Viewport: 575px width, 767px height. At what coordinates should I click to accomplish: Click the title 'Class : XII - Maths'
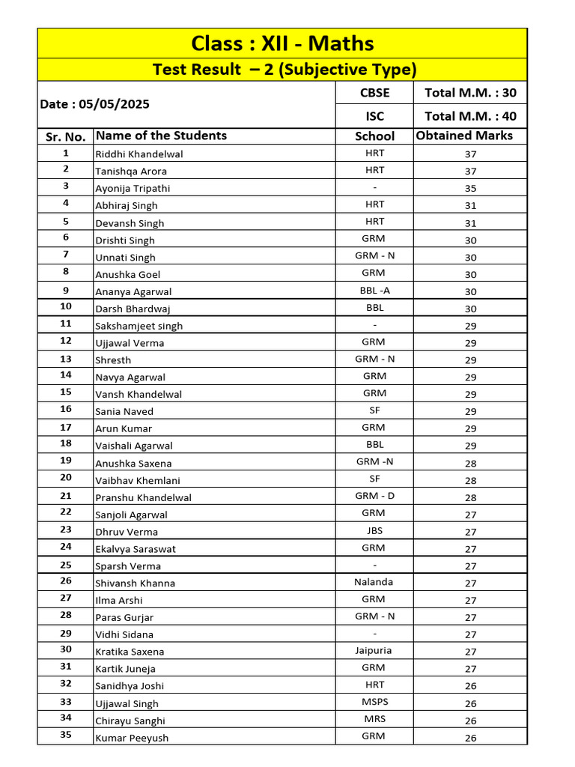(x=282, y=43)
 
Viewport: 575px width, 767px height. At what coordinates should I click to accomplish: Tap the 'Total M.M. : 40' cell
(x=470, y=116)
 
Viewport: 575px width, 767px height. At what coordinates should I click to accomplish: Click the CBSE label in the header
(x=374, y=93)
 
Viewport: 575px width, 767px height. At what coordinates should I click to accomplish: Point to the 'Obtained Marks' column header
(x=464, y=136)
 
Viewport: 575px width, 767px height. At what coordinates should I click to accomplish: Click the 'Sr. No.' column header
(x=65, y=136)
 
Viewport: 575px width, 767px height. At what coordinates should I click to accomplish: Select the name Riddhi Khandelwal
(x=139, y=154)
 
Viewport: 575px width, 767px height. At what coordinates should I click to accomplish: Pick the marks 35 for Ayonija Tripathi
(x=470, y=189)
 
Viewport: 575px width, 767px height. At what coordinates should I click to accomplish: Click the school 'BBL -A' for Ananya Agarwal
(x=374, y=291)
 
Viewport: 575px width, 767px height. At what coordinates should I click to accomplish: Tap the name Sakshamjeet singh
(x=139, y=326)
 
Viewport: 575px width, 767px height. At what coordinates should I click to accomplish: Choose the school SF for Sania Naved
(x=374, y=410)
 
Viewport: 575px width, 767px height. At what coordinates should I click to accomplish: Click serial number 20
(x=66, y=478)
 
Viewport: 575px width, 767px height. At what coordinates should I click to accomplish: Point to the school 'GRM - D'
(x=374, y=496)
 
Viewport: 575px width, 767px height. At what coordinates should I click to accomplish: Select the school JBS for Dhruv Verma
(x=374, y=530)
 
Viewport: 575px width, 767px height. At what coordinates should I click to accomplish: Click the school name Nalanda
(x=374, y=581)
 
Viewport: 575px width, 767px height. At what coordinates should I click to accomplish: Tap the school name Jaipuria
(x=374, y=650)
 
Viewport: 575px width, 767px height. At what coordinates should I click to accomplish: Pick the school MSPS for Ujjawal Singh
(x=374, y=702)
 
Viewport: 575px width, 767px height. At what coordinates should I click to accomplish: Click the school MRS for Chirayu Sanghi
(x=374, y=719)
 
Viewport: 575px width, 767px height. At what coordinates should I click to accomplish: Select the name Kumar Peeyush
(x=132, y=738)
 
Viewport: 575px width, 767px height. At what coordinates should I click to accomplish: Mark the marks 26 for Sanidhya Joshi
(x=470, y=686)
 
